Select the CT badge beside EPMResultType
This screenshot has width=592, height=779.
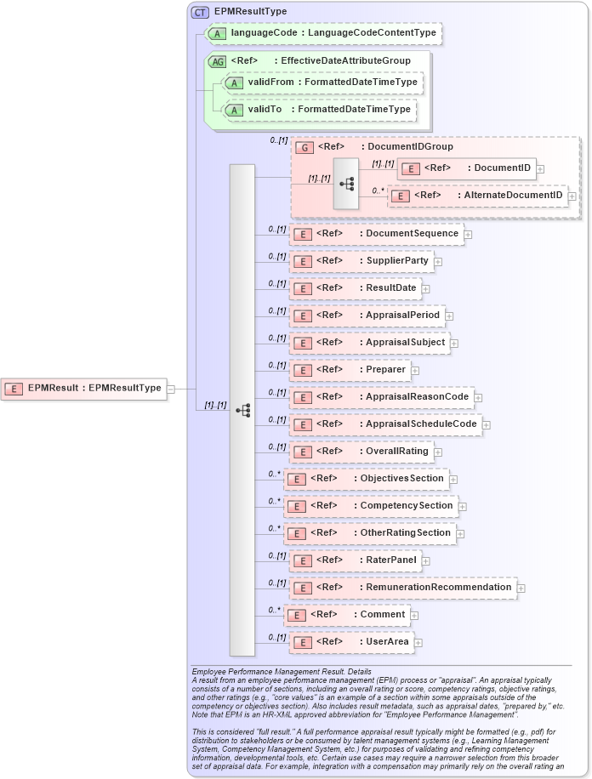200,12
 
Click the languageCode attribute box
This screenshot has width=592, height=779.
322,33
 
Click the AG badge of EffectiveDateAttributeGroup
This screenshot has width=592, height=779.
218,61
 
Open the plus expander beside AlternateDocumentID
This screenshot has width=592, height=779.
572,196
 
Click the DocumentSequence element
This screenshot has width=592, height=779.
376,234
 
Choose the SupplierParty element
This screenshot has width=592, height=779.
361,261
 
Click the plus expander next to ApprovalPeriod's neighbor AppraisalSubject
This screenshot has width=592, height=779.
454,344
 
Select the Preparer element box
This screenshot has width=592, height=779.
350,370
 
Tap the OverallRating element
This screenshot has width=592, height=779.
361,451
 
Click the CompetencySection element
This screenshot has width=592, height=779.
370,506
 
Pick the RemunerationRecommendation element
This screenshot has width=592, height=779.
402,588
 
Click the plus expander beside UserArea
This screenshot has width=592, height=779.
418,643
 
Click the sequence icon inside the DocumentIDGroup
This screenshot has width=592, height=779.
347,183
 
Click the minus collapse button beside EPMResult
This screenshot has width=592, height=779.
171,389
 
